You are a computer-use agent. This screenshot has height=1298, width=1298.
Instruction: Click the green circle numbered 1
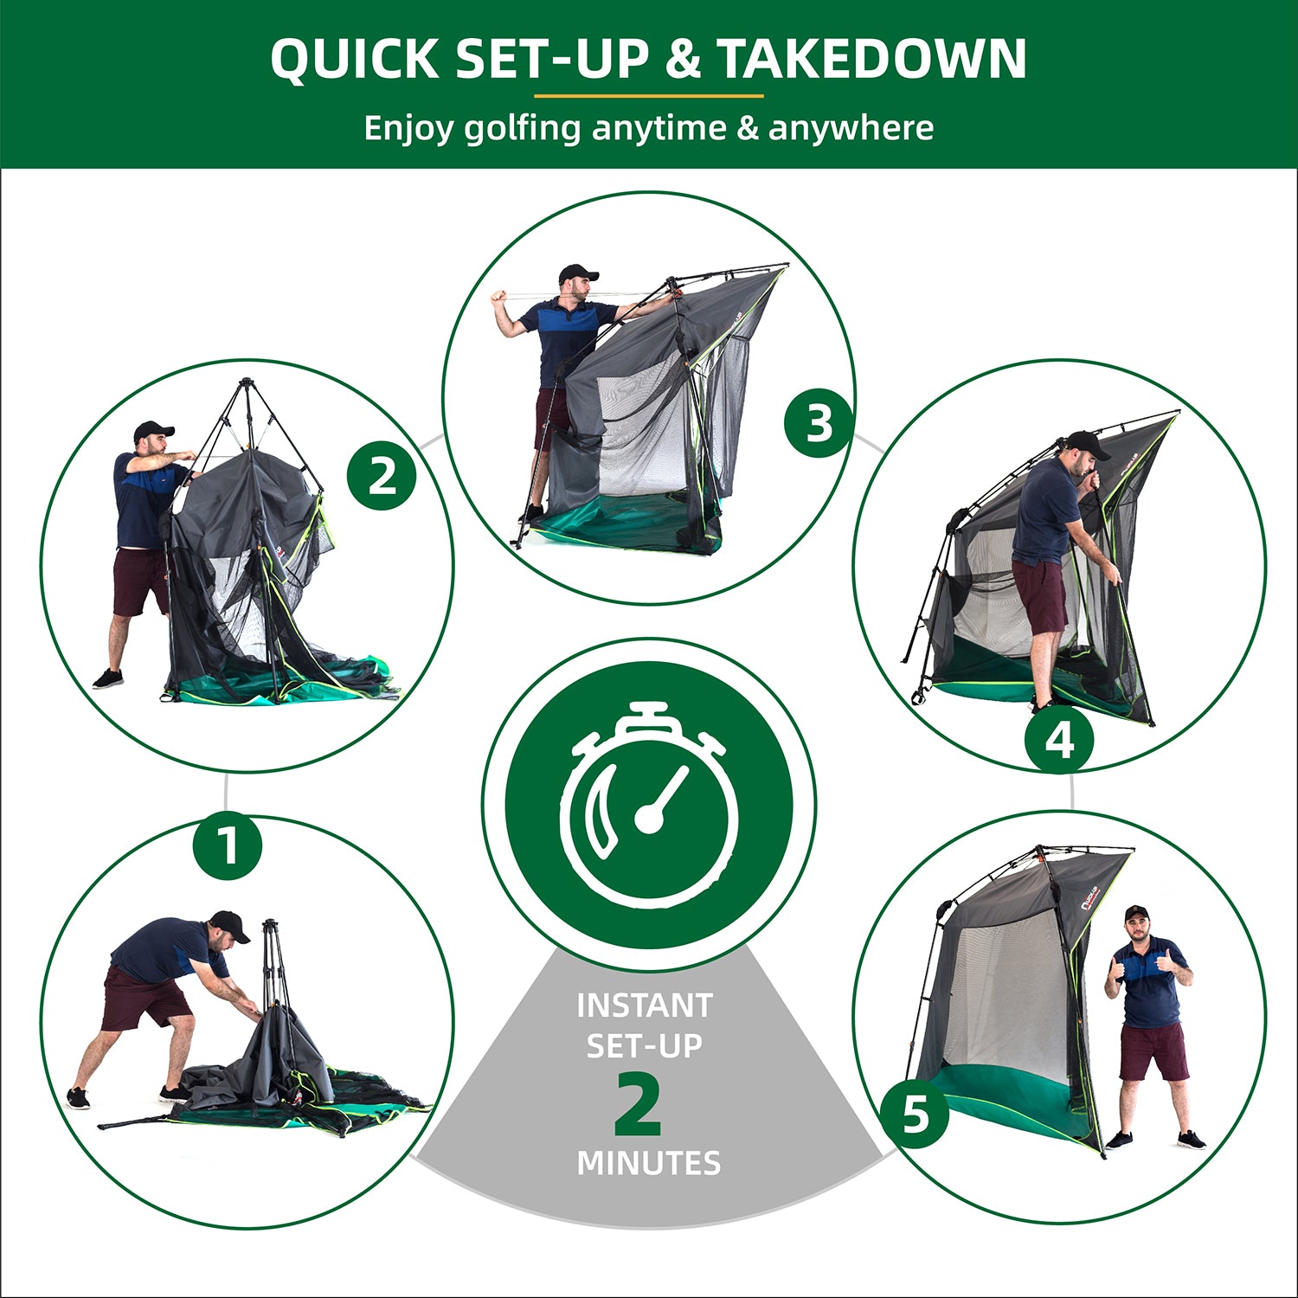click(227, 845)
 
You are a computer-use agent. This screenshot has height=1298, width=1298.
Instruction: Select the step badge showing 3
click(819, 424)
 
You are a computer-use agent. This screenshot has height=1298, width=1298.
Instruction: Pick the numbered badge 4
click(1059, 741)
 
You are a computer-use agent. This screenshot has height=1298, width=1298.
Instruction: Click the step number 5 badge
click(916, 1115)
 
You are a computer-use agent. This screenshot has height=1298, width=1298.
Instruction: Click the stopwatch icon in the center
click(649, 805)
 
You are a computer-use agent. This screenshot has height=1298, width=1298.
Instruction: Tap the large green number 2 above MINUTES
click(639, 1104)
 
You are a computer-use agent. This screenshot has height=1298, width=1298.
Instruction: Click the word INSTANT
click(645, 1006)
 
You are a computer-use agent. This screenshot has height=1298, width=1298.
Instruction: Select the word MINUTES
click(649, 1163)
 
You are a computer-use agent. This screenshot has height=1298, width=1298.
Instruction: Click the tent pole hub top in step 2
click(247, 382)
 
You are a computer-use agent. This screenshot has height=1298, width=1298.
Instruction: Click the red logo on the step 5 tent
click(1089, 891)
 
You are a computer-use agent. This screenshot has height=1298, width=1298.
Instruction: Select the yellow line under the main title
click(649, 96)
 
